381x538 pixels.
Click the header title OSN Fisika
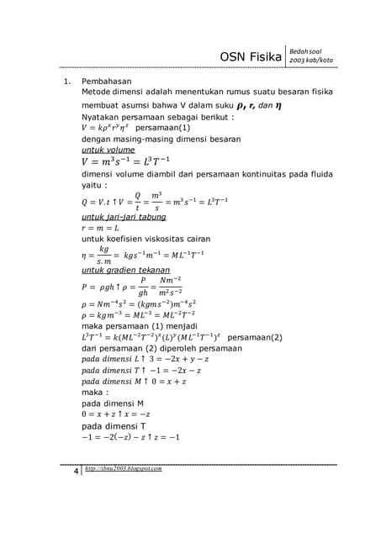pyautogui.click(x=250, y=56)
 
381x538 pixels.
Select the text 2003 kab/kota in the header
pyautogui.click(x=310, y=61)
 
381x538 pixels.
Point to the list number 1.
pyautogui.click(x=60, y=82)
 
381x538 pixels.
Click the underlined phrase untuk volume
pyautogui.click(x=108, y=150)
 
